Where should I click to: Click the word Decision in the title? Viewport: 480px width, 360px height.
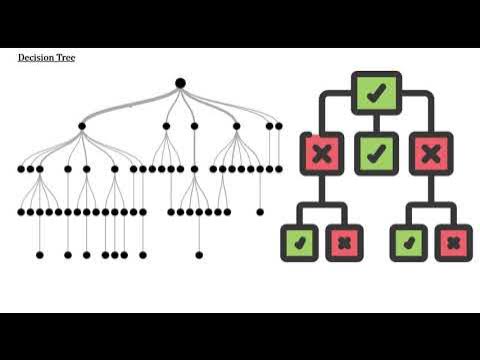(36, 58)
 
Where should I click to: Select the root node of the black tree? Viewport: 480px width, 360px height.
(180, 83)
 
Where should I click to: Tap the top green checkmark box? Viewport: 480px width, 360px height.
(375, 94)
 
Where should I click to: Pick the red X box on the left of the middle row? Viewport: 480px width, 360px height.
(321, 154)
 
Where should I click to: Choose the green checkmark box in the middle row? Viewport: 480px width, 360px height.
(375, 154)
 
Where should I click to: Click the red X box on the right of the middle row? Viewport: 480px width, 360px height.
(431, 154)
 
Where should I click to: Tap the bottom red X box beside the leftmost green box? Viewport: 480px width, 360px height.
(344, 241)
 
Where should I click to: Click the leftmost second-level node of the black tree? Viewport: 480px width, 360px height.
(82, 126)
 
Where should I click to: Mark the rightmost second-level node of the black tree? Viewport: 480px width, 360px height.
(278, 126)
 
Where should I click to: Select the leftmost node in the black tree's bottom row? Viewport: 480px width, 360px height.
(40, 255)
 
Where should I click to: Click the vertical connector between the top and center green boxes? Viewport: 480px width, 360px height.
(375, 123)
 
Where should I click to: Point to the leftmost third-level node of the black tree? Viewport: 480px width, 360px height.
(21, 169)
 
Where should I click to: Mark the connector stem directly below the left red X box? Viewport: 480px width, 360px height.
(321, 190)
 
